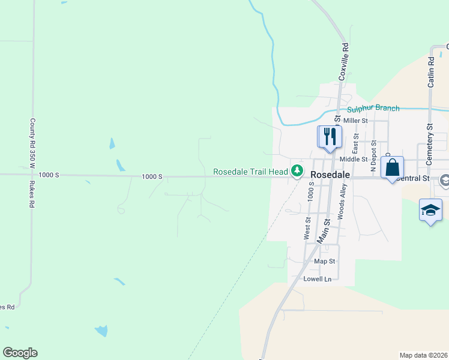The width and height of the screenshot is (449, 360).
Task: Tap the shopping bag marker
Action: (x=392, y=167)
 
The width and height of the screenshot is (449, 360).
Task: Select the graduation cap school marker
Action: (x=430, y=210)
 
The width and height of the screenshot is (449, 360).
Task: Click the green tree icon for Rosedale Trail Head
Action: (x=297, y=172)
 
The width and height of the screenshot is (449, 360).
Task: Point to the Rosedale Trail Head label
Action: (x=251, y=172)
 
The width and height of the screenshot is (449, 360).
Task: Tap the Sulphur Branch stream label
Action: (x=373, y=108)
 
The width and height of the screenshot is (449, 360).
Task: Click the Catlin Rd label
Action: (x=431, y=72)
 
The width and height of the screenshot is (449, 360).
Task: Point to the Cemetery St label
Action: (x=429, y=145)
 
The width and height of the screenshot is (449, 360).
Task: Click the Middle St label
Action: (x=353, y=159)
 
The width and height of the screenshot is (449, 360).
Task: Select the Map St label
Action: (x=324, y=262)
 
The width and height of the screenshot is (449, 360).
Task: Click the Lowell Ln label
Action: (x=318, y=279)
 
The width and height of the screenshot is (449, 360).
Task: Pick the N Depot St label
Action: (x=373, y=156)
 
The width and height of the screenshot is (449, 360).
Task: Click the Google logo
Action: (x=20, y=353)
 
